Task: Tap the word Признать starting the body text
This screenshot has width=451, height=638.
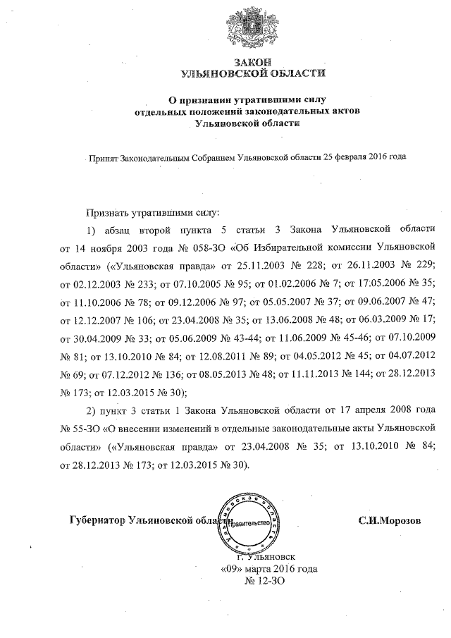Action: pyautogui.click(x=108, y=211)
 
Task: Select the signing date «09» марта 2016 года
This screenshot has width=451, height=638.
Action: pyautogui.click(x=268, y=568)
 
